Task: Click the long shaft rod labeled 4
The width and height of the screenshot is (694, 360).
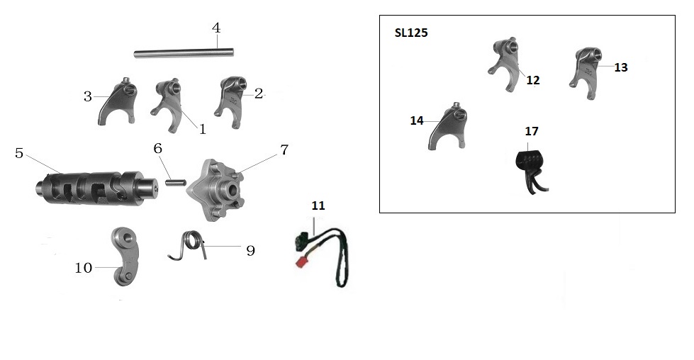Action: click(x=184, y=53)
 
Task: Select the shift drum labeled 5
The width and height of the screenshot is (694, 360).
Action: click(x=96, y=187)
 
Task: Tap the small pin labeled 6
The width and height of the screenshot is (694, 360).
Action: click(x=176, y=181)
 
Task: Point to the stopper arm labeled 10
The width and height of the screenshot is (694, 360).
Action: click(x=125, y=256)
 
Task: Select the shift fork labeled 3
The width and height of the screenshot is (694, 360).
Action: click(x=118, y=102)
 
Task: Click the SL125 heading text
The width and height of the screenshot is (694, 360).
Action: click(x=411, y=33)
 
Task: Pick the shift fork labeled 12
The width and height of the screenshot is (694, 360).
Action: click(x=505, y=63)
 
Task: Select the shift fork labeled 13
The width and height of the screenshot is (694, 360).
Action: click(x=585, y=72)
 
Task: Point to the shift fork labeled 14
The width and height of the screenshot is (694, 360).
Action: click(x=448, y=126)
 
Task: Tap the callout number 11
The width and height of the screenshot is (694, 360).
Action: click(x=318, y=206)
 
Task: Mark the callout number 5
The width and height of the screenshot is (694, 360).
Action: click(x=19, y=154)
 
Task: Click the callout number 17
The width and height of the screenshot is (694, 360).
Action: click(x=532, y=131)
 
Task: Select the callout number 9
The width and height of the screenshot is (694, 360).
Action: click(x=250, y=251)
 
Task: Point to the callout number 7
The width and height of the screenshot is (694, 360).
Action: click(x=284, y=150)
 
